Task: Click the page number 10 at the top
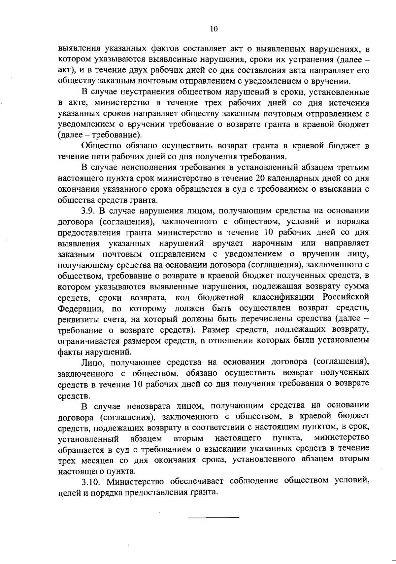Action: coord(214,29)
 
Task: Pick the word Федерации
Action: coord(77,309)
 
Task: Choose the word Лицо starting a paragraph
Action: coord(93,363)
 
